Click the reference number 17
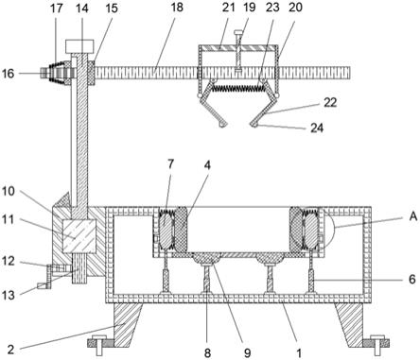(57, 9)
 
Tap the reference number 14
(82, 9)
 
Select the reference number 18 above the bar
(177, 8)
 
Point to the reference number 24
(317, 128)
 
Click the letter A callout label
(413, 216)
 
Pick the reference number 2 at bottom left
(10, 349)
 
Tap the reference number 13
(9, 295)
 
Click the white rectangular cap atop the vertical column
(79, 46)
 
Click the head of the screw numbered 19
(239, 32)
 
